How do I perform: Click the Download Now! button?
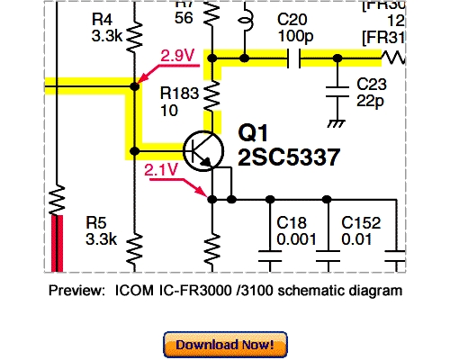(x=225, y=344)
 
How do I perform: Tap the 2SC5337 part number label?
(x=288, y=158)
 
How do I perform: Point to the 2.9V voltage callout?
(x=177, y=56)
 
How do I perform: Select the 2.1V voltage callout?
(x=159, y=168)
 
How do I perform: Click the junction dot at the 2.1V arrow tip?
(x=211, y=199)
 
